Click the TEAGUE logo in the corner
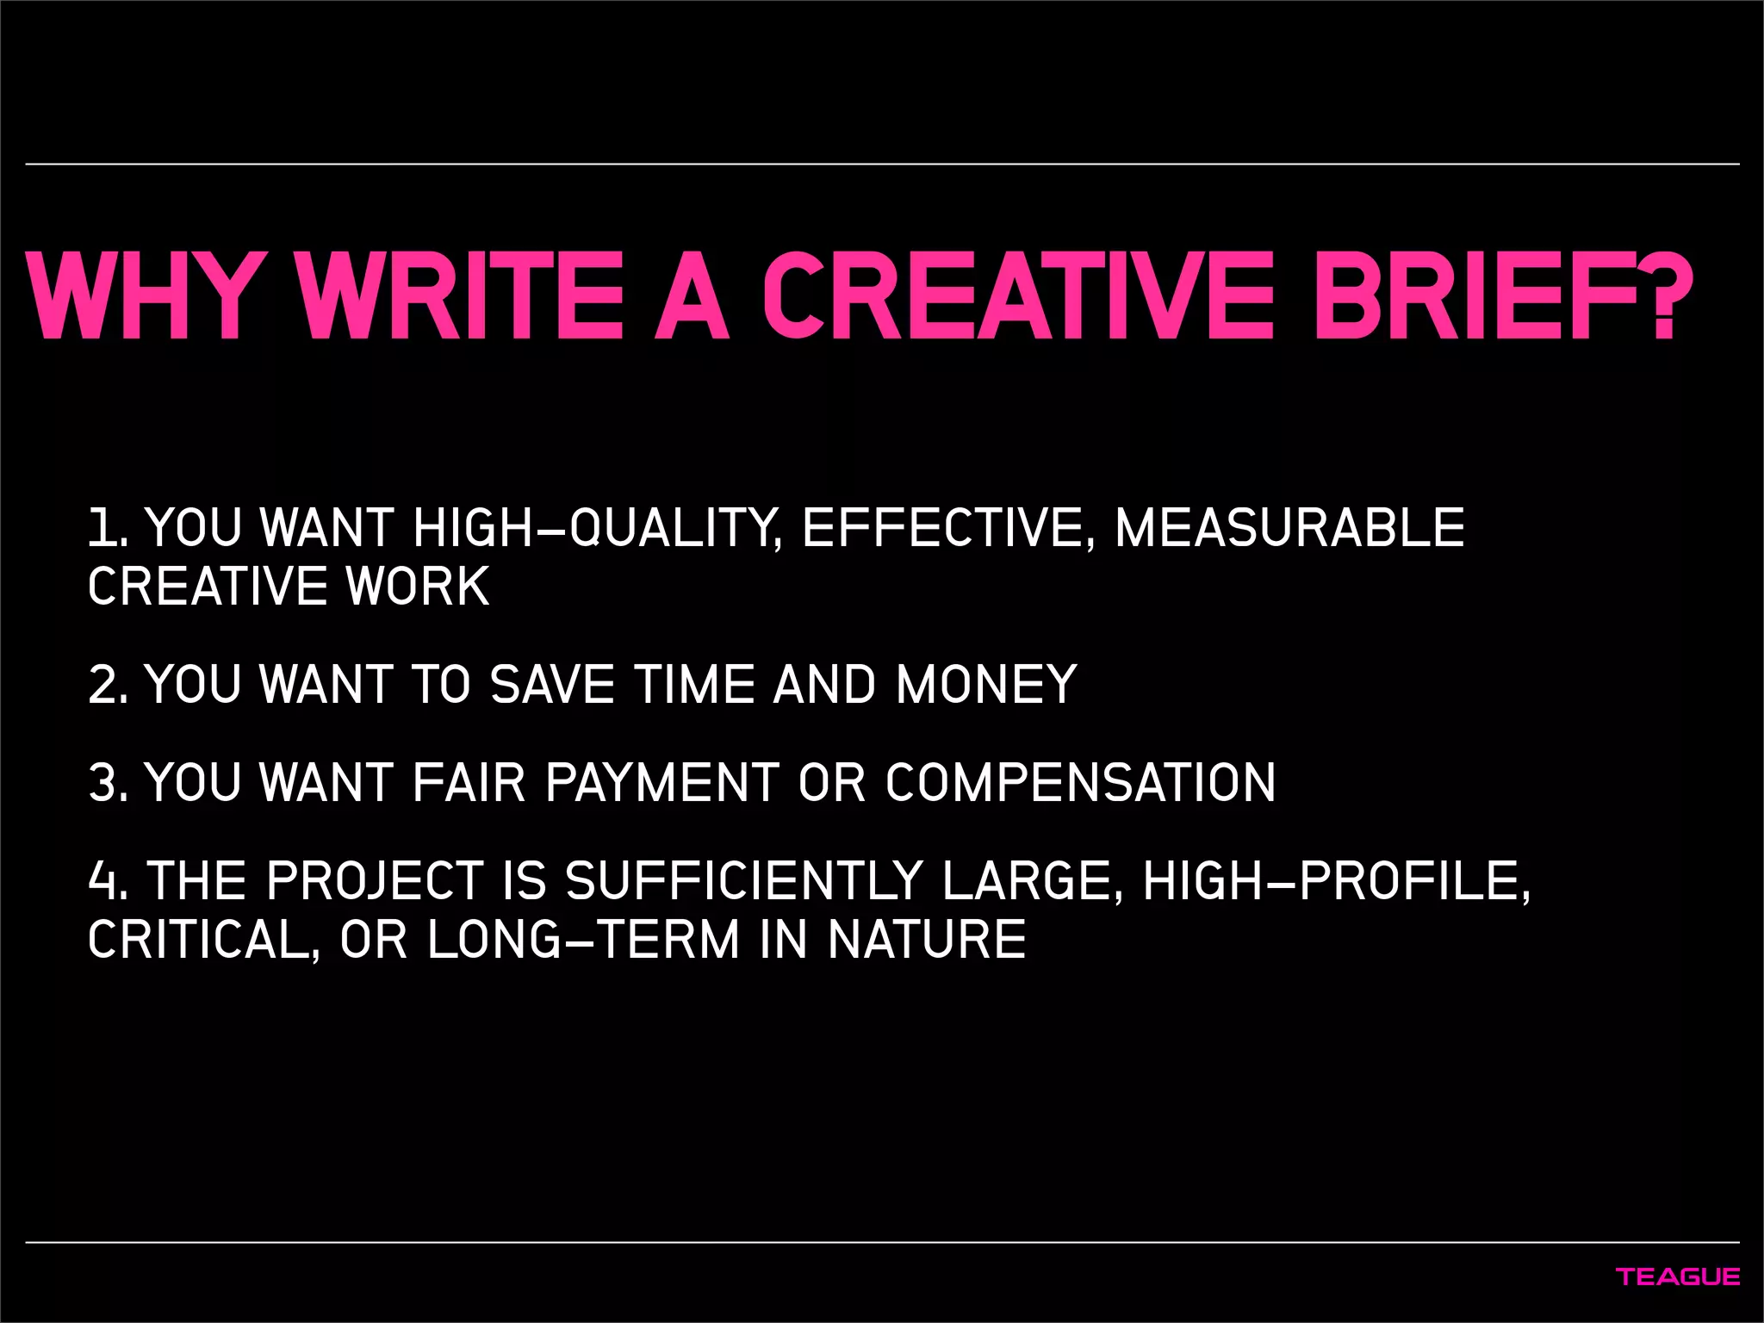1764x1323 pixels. tap(1677, 1276)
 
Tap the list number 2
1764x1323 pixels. tap(107, 685)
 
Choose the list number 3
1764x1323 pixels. tap(107, 783)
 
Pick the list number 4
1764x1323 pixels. tap(107, 881)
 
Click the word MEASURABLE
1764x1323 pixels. tap(1289, 528)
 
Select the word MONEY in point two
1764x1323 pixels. tap(986, 685)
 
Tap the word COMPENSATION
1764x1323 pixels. tap(1080, 783)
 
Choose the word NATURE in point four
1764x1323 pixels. tap(927, 940)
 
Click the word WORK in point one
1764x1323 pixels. tap(418, 587)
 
